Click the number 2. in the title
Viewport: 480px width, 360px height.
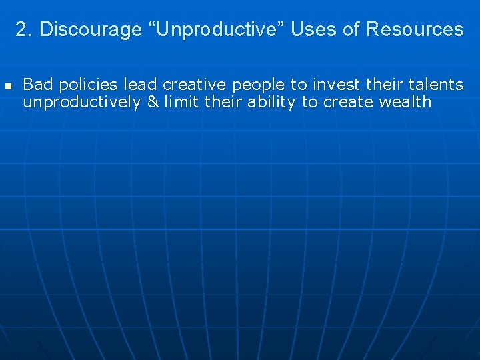pyautogui.click(x=24, y=29)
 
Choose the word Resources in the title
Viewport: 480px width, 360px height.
pyautogui.click(x=415, y=29)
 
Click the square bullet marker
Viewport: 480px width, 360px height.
pyautogui.click(x=8, y=86)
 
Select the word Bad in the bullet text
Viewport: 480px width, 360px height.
pyautogui.click(x=37, y=85)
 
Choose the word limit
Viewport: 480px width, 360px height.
pyautogui.click(x=183, y=102)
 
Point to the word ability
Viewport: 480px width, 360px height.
pyautogui.click(x=271, y=102)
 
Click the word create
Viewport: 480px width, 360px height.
pyautogui.click(x=349, y=102)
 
